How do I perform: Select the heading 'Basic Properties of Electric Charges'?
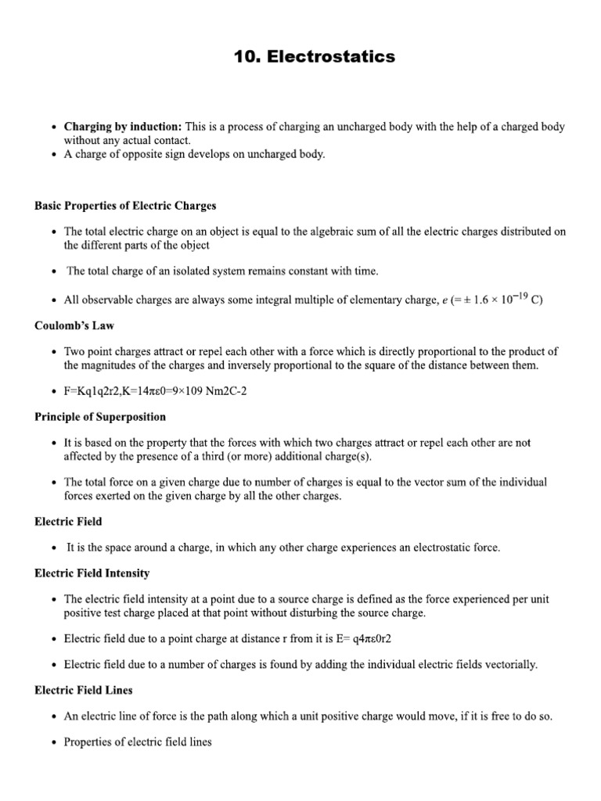(x=125, y=206)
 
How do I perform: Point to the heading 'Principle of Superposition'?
(x=100, y=417)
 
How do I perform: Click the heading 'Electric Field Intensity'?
(x=92, y=573)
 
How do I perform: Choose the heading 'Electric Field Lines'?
(x=84, y=690)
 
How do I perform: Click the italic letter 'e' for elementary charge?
(x=445, y=300)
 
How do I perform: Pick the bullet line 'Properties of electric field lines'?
(x=138, y=742)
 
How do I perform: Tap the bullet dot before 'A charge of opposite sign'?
(x=52, y=155)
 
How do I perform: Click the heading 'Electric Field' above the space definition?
(x=68, y=521)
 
